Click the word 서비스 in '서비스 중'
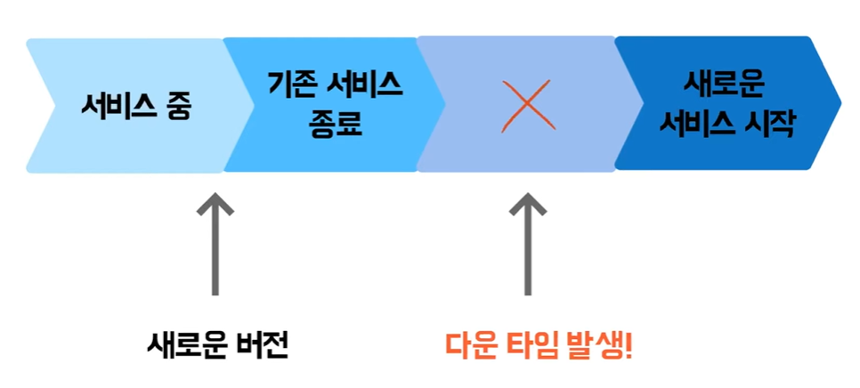click(x=113, y=108)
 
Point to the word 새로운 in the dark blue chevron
click(x=726, y=85)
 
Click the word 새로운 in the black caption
click(x=186, y=344)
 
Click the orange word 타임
click(x=535, y=344)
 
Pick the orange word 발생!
click(x=601, y=344)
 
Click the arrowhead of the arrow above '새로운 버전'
click(x=214, y=204)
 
